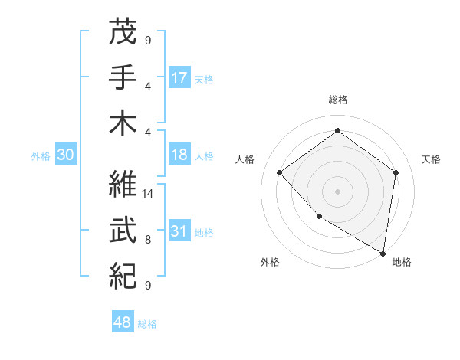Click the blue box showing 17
(179, 77)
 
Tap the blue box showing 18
(179, 155)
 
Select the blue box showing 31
(179, 231)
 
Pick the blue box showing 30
(65, 155)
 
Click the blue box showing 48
(123, 322)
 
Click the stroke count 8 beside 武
(148, 239)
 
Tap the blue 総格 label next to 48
(147, 324)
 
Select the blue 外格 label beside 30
(41, 156)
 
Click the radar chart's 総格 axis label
(337, 100)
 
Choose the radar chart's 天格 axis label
(432, 159)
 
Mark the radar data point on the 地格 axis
(383, 253)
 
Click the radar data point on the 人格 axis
(280, 172)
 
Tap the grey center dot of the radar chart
(337, 191)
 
